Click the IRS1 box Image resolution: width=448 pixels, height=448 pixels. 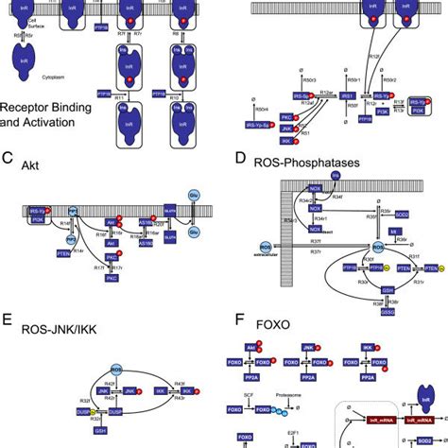coord(348,96)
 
